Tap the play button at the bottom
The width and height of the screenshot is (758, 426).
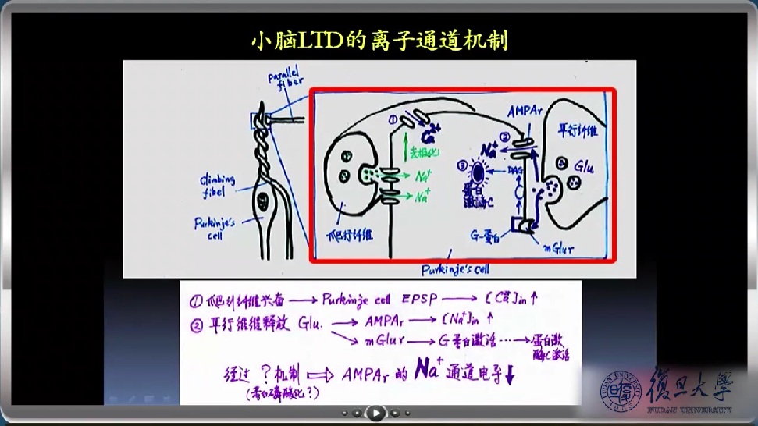pos(375,413)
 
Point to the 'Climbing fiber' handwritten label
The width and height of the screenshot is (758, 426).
pos(216,184)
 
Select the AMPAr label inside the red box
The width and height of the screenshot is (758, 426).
pos(528,112)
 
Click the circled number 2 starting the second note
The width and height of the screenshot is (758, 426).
pos(195,321)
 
